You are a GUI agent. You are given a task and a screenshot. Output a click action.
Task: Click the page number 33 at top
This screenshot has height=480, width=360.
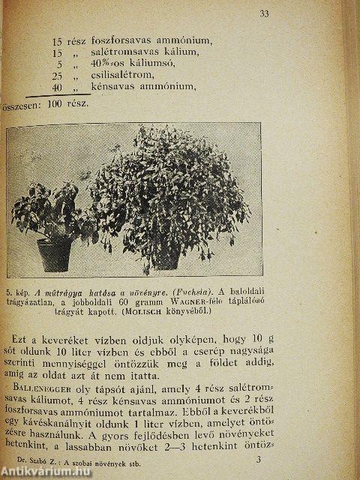[265, 13]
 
